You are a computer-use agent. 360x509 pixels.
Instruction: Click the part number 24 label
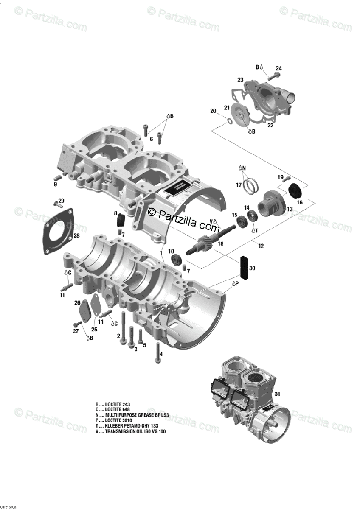click(x=278, y=68)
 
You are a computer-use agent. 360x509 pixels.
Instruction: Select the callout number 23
click(x=240, y=80)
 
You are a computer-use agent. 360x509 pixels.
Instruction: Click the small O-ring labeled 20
click(x=229, y=121)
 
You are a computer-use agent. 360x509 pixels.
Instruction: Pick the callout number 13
click(x=290, y=209)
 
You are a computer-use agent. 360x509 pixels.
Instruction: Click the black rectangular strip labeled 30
click(x=245, y=265)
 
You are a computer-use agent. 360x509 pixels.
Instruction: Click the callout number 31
click(x=278, y=394)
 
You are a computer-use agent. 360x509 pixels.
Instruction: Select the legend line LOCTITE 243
click(x=112, y=404)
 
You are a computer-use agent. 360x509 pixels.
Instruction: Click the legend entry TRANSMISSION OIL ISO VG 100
click(x=130, y=431)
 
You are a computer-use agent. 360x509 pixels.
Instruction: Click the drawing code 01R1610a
click(x=9, y=506)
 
